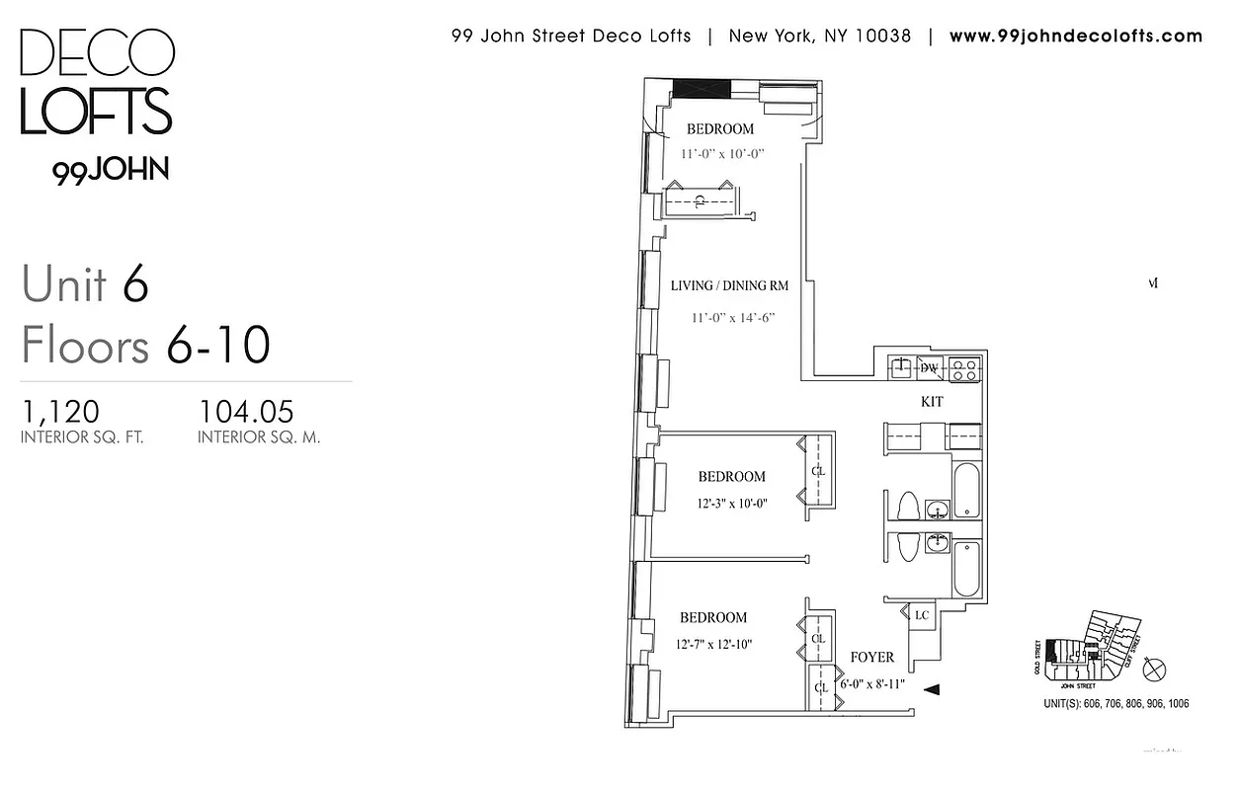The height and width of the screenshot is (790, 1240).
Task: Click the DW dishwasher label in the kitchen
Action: (929, 368)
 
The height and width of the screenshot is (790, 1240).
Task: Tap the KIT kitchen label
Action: (932, 402)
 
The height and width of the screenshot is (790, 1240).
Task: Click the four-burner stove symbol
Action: (964, 369)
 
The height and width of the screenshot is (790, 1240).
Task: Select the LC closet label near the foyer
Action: (922, 615)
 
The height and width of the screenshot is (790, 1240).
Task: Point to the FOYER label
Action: (871, 657)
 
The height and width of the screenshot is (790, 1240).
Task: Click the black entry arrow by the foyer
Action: (931, 689)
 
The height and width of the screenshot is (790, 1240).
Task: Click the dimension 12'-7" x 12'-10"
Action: (714, 645)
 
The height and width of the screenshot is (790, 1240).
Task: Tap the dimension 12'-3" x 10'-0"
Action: (731, 503)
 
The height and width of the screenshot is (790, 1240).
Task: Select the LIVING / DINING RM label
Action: (729, 286)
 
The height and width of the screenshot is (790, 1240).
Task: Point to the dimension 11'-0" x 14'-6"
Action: (732, 318)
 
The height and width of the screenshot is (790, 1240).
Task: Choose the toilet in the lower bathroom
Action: (906, 546)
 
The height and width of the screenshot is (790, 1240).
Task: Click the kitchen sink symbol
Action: (901, 369)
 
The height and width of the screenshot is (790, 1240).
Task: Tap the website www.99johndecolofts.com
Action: (1076, 37)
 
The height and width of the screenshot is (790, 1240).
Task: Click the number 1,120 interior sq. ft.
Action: (60, 411)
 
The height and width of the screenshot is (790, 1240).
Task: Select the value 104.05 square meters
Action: (247, 411)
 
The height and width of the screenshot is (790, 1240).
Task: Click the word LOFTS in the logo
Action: (96, 111)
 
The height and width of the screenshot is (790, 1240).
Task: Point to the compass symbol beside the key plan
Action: (1153, 669)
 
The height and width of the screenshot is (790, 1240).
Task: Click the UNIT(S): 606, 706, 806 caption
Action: (1116, 704)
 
